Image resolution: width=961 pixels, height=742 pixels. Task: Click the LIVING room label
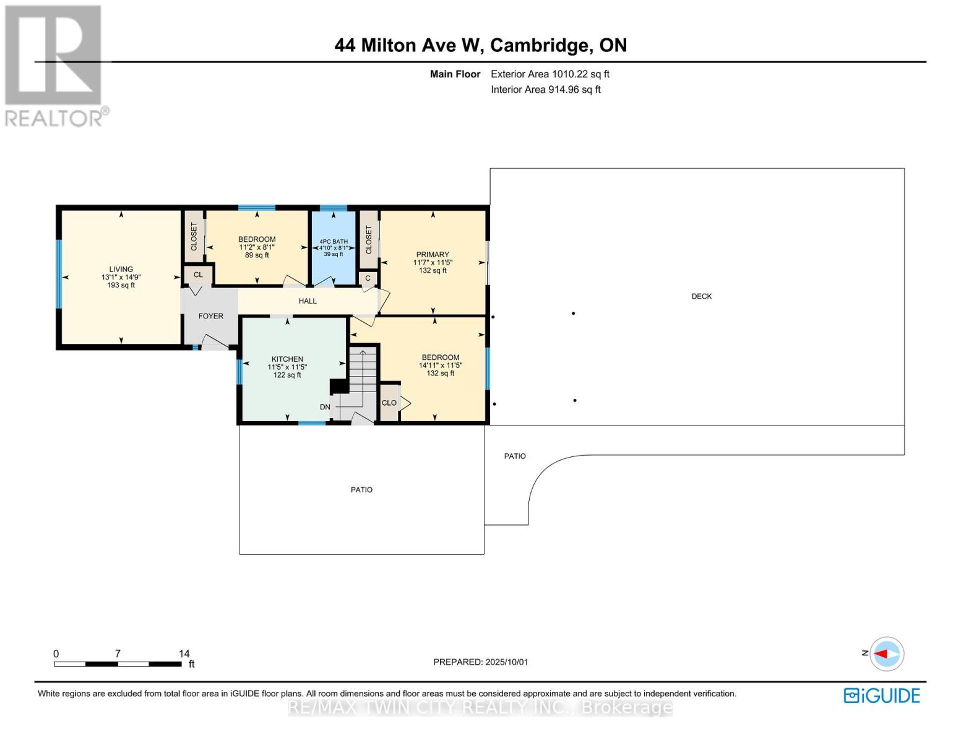121,269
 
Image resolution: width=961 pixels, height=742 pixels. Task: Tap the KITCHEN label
287,359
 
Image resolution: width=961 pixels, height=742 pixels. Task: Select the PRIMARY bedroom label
432,255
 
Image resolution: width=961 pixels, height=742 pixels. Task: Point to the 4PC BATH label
334,242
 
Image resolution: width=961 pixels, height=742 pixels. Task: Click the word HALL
308,301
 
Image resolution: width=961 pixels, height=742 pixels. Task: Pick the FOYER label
210,316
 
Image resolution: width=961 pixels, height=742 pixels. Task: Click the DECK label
701,296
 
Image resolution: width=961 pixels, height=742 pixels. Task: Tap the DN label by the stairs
325,407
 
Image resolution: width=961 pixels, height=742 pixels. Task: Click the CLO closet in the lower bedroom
389,403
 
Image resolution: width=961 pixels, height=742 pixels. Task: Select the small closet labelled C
368,278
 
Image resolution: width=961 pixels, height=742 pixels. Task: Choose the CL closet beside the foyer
197,275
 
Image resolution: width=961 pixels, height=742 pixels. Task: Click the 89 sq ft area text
257,255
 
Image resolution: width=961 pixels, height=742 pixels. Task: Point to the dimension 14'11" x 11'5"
440,365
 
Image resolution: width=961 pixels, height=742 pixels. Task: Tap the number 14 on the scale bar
184,654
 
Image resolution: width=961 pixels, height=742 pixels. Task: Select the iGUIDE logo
882,696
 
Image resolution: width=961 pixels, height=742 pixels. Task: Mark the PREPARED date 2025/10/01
507,662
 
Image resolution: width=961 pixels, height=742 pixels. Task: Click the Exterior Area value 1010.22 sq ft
580,74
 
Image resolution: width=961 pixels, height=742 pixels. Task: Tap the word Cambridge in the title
541,46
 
